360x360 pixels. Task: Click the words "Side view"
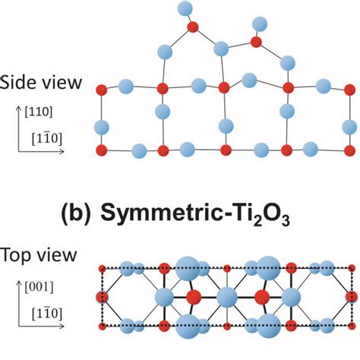click(40, 83)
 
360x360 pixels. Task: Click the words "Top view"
click(39, 255)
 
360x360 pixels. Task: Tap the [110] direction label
click(39, 112)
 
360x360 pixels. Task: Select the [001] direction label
click(39, 287)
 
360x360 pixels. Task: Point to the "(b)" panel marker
click(76, 213)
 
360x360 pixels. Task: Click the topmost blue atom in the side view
click(185, 8)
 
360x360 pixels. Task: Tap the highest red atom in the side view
click(193, 27)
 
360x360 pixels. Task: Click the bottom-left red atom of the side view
click(102, 150)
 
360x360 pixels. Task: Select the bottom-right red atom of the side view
click(350, 150)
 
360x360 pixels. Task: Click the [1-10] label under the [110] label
click(47, 139)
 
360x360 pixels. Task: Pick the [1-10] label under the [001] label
click(47, 314)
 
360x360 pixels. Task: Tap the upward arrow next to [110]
click(18, 129)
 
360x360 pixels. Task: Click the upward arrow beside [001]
click(18, 304)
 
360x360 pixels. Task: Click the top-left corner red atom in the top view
click(103, 269)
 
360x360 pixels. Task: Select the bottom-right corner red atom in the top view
click(352, 326)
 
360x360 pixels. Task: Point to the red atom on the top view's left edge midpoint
click(102, 297)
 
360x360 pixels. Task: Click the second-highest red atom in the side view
click(256, 42)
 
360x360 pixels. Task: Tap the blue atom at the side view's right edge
click(349, 127)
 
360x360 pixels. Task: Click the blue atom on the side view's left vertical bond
click(102, 128)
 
